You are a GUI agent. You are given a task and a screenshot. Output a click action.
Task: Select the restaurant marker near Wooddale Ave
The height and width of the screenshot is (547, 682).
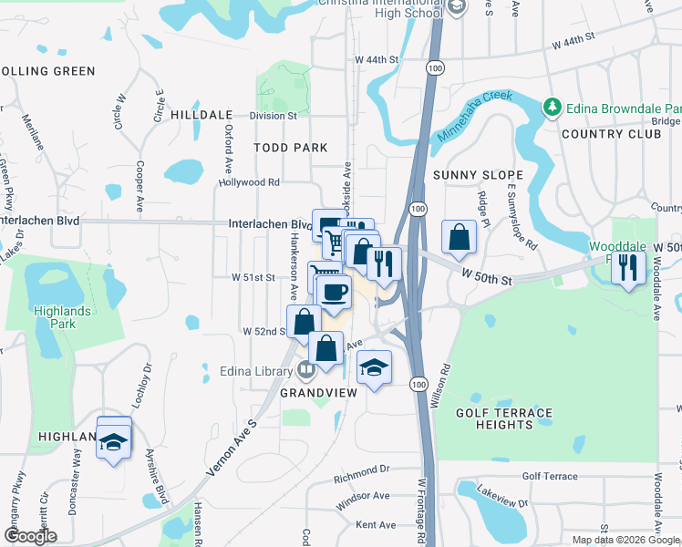click(x=628, y=267)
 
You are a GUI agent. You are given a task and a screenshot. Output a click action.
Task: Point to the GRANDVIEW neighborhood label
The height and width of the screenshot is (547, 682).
click(x=315, y=392)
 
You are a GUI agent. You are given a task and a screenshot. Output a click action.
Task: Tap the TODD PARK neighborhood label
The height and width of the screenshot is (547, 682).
click(x=290, y=148)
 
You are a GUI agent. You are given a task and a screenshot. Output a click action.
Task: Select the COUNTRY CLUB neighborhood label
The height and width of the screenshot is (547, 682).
click(x=611, y=134)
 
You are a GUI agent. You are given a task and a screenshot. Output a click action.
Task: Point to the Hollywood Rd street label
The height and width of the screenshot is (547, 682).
click(x=248, y=182)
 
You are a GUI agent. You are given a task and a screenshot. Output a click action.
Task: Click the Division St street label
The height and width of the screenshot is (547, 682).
click(x=274, y=116)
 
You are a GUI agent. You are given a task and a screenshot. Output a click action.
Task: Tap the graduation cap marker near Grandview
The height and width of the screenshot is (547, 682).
click(x=374, y=366)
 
